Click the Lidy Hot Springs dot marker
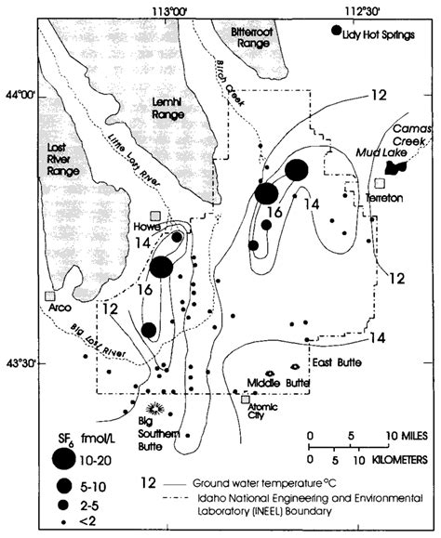[x=336, y=32]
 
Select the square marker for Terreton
[x=380, y=183]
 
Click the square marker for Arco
[x=48, y=296]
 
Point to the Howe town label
[x=149, y=226]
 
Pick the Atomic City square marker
[x=247, y=400]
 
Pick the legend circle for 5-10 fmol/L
[x=63, y=485]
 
